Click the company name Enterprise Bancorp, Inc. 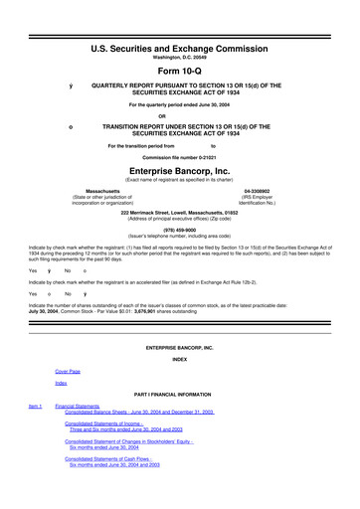point(180,171)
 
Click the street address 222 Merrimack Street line point(180,212)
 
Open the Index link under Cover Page point(61,382)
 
